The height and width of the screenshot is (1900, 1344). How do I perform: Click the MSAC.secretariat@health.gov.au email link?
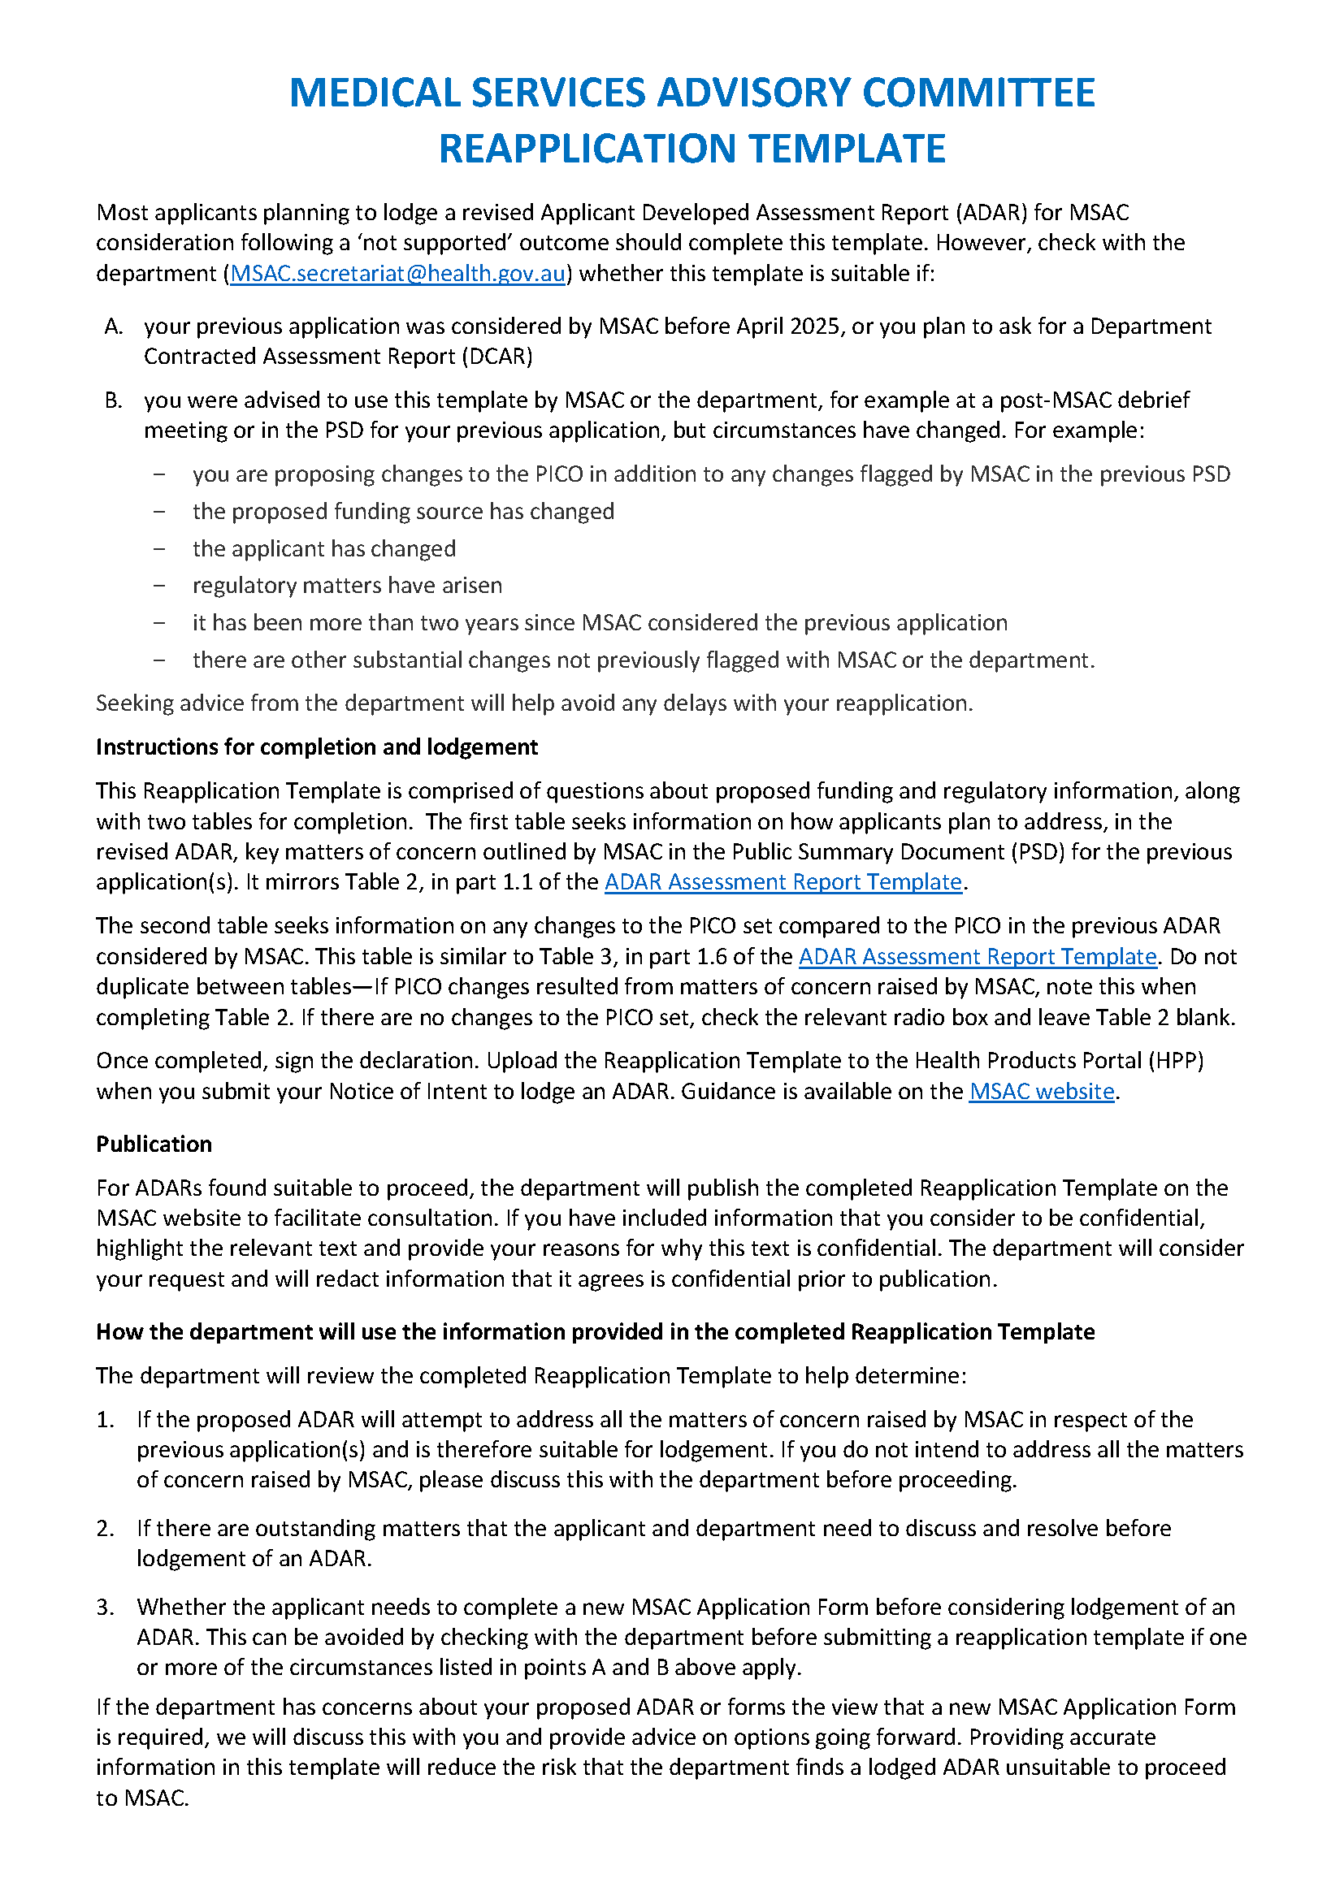coord(397,274)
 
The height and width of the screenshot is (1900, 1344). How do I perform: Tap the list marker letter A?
coord(114,327)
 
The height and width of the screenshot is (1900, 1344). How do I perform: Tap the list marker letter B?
coord(114,400)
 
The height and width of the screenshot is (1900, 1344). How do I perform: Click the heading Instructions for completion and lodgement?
coord(317,747)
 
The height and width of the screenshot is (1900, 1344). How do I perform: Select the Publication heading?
coord(154,1145)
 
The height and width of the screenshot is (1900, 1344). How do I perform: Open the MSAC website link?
coord(1041,1092)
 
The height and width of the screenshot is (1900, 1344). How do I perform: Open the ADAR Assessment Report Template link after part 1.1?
coord(783,882)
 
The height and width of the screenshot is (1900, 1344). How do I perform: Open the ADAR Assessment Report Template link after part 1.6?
coord(977,957)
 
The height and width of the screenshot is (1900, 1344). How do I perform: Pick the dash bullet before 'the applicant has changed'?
coord(159,549)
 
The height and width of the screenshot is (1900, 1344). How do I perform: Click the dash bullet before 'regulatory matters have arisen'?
coord(159,586)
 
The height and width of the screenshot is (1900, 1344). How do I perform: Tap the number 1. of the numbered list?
coord(105,1420)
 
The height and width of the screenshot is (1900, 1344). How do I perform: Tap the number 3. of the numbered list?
coord(105,1607)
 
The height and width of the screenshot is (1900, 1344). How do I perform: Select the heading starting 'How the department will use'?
coord(595,1331)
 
